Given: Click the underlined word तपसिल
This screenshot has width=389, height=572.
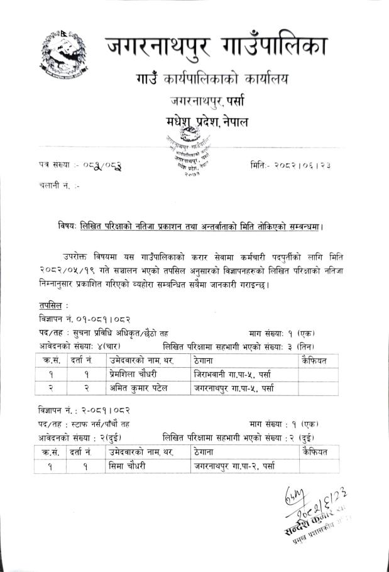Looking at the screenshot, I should [x=48, y=304].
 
